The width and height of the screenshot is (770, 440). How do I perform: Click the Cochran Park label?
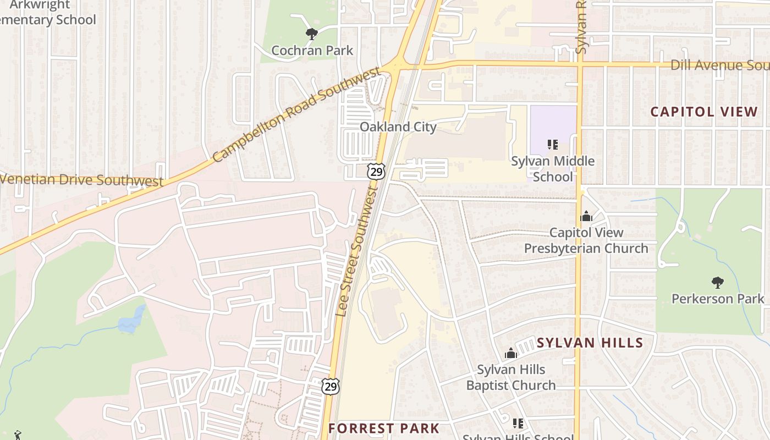point(312,51)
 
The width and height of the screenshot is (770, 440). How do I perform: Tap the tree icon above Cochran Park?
point(312,34)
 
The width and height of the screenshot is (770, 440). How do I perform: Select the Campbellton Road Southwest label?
point(296,114)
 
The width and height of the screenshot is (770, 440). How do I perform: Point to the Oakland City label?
point(398,127)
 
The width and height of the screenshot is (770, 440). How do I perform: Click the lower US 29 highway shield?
point(331,386)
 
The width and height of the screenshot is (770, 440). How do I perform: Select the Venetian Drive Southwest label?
point(81,180)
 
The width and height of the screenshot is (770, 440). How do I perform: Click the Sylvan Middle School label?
point(553,169)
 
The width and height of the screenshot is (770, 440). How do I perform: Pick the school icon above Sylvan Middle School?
point(553,145)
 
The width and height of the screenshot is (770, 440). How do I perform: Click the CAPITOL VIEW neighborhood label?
point(704,112)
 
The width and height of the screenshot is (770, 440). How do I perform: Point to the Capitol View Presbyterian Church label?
point(586,241)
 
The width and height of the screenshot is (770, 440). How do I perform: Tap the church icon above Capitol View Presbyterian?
point(586,216)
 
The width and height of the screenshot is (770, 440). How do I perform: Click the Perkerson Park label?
point(718,299)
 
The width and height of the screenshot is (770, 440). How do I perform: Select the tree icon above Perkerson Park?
point(717,283)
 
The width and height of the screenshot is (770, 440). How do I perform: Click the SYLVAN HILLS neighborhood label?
point(590,343)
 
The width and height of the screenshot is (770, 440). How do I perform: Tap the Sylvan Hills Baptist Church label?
point(511,377)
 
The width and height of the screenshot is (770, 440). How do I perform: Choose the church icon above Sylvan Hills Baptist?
point(511,353)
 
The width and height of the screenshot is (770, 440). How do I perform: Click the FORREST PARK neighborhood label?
point(384,428)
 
